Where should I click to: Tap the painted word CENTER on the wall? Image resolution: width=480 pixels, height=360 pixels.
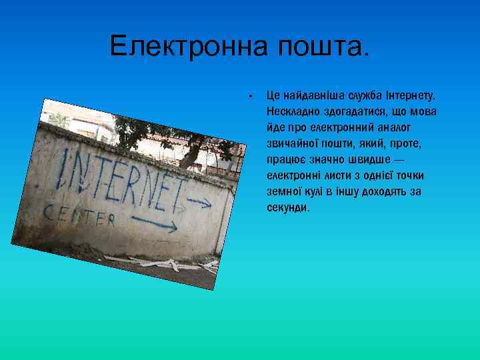[x=80, y=215]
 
